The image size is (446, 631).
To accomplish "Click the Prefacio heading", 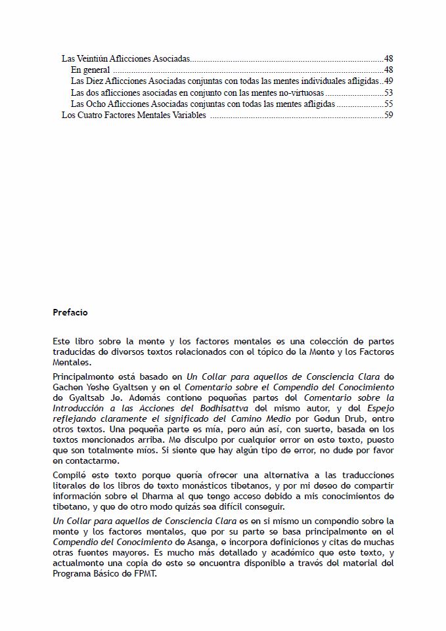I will point(70,313).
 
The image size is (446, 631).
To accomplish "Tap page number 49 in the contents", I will point(388,81).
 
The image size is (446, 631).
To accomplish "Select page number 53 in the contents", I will point(388,92).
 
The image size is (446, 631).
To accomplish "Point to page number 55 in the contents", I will point(388,104).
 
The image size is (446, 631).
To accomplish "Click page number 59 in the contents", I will point(388,115).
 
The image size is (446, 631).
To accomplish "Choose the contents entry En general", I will point(90,70).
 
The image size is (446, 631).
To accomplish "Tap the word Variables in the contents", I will point(189,115).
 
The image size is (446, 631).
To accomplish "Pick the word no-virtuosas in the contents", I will point(301,92).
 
